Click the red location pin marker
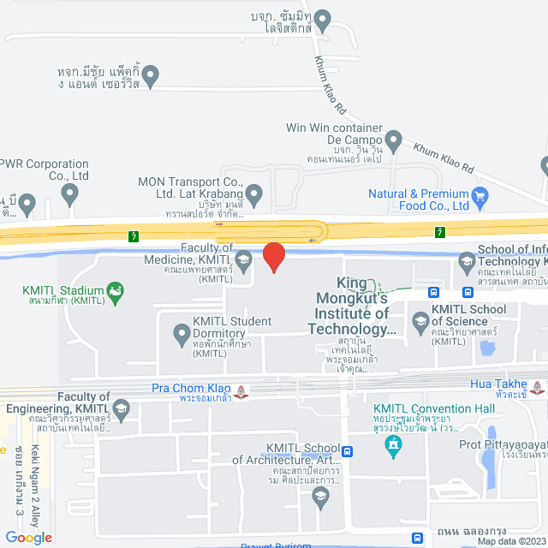click(273, 257)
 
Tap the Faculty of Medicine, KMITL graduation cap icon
click(243, 259)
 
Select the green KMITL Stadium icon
click(114, 292)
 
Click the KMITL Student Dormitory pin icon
click(181, 332)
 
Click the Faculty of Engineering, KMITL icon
click(121, 408)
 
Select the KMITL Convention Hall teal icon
click(393, 444)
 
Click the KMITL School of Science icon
click(420, 322)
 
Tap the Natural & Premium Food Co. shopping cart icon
click(479, 194)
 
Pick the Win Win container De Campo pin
click(393, 139)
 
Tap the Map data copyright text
click(511, 541)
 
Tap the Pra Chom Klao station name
click(192, 387)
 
